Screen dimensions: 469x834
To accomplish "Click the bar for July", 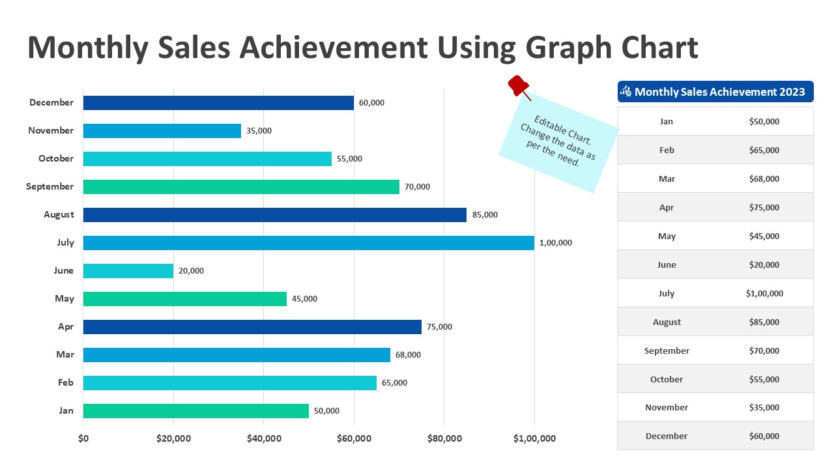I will [308, 243].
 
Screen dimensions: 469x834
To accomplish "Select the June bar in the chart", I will [128, 271].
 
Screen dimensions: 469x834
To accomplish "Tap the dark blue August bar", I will [274, 215].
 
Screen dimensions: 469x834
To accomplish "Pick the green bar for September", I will [241, 187].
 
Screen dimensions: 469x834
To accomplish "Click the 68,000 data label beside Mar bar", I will [408, 355].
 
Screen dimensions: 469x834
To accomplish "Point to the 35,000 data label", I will [259, 131].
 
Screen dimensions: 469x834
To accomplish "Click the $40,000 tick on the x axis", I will [264, 438].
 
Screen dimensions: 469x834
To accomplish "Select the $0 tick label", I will [83, 438].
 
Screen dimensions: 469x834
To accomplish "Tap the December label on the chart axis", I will [51, 102].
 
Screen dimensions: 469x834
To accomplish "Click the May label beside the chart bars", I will [65, 299].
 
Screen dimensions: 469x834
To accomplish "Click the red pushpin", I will [519, 86].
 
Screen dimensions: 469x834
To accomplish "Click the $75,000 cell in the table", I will [764, 208].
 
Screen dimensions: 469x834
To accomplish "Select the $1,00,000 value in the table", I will [764, 294].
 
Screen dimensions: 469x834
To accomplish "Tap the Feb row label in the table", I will [667, 150].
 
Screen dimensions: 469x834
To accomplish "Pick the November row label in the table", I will [667, 408].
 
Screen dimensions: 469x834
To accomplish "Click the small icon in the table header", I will [626, 92].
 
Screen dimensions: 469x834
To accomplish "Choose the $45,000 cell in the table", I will [764, 236].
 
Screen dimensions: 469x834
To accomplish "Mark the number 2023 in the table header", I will [792, 92].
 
